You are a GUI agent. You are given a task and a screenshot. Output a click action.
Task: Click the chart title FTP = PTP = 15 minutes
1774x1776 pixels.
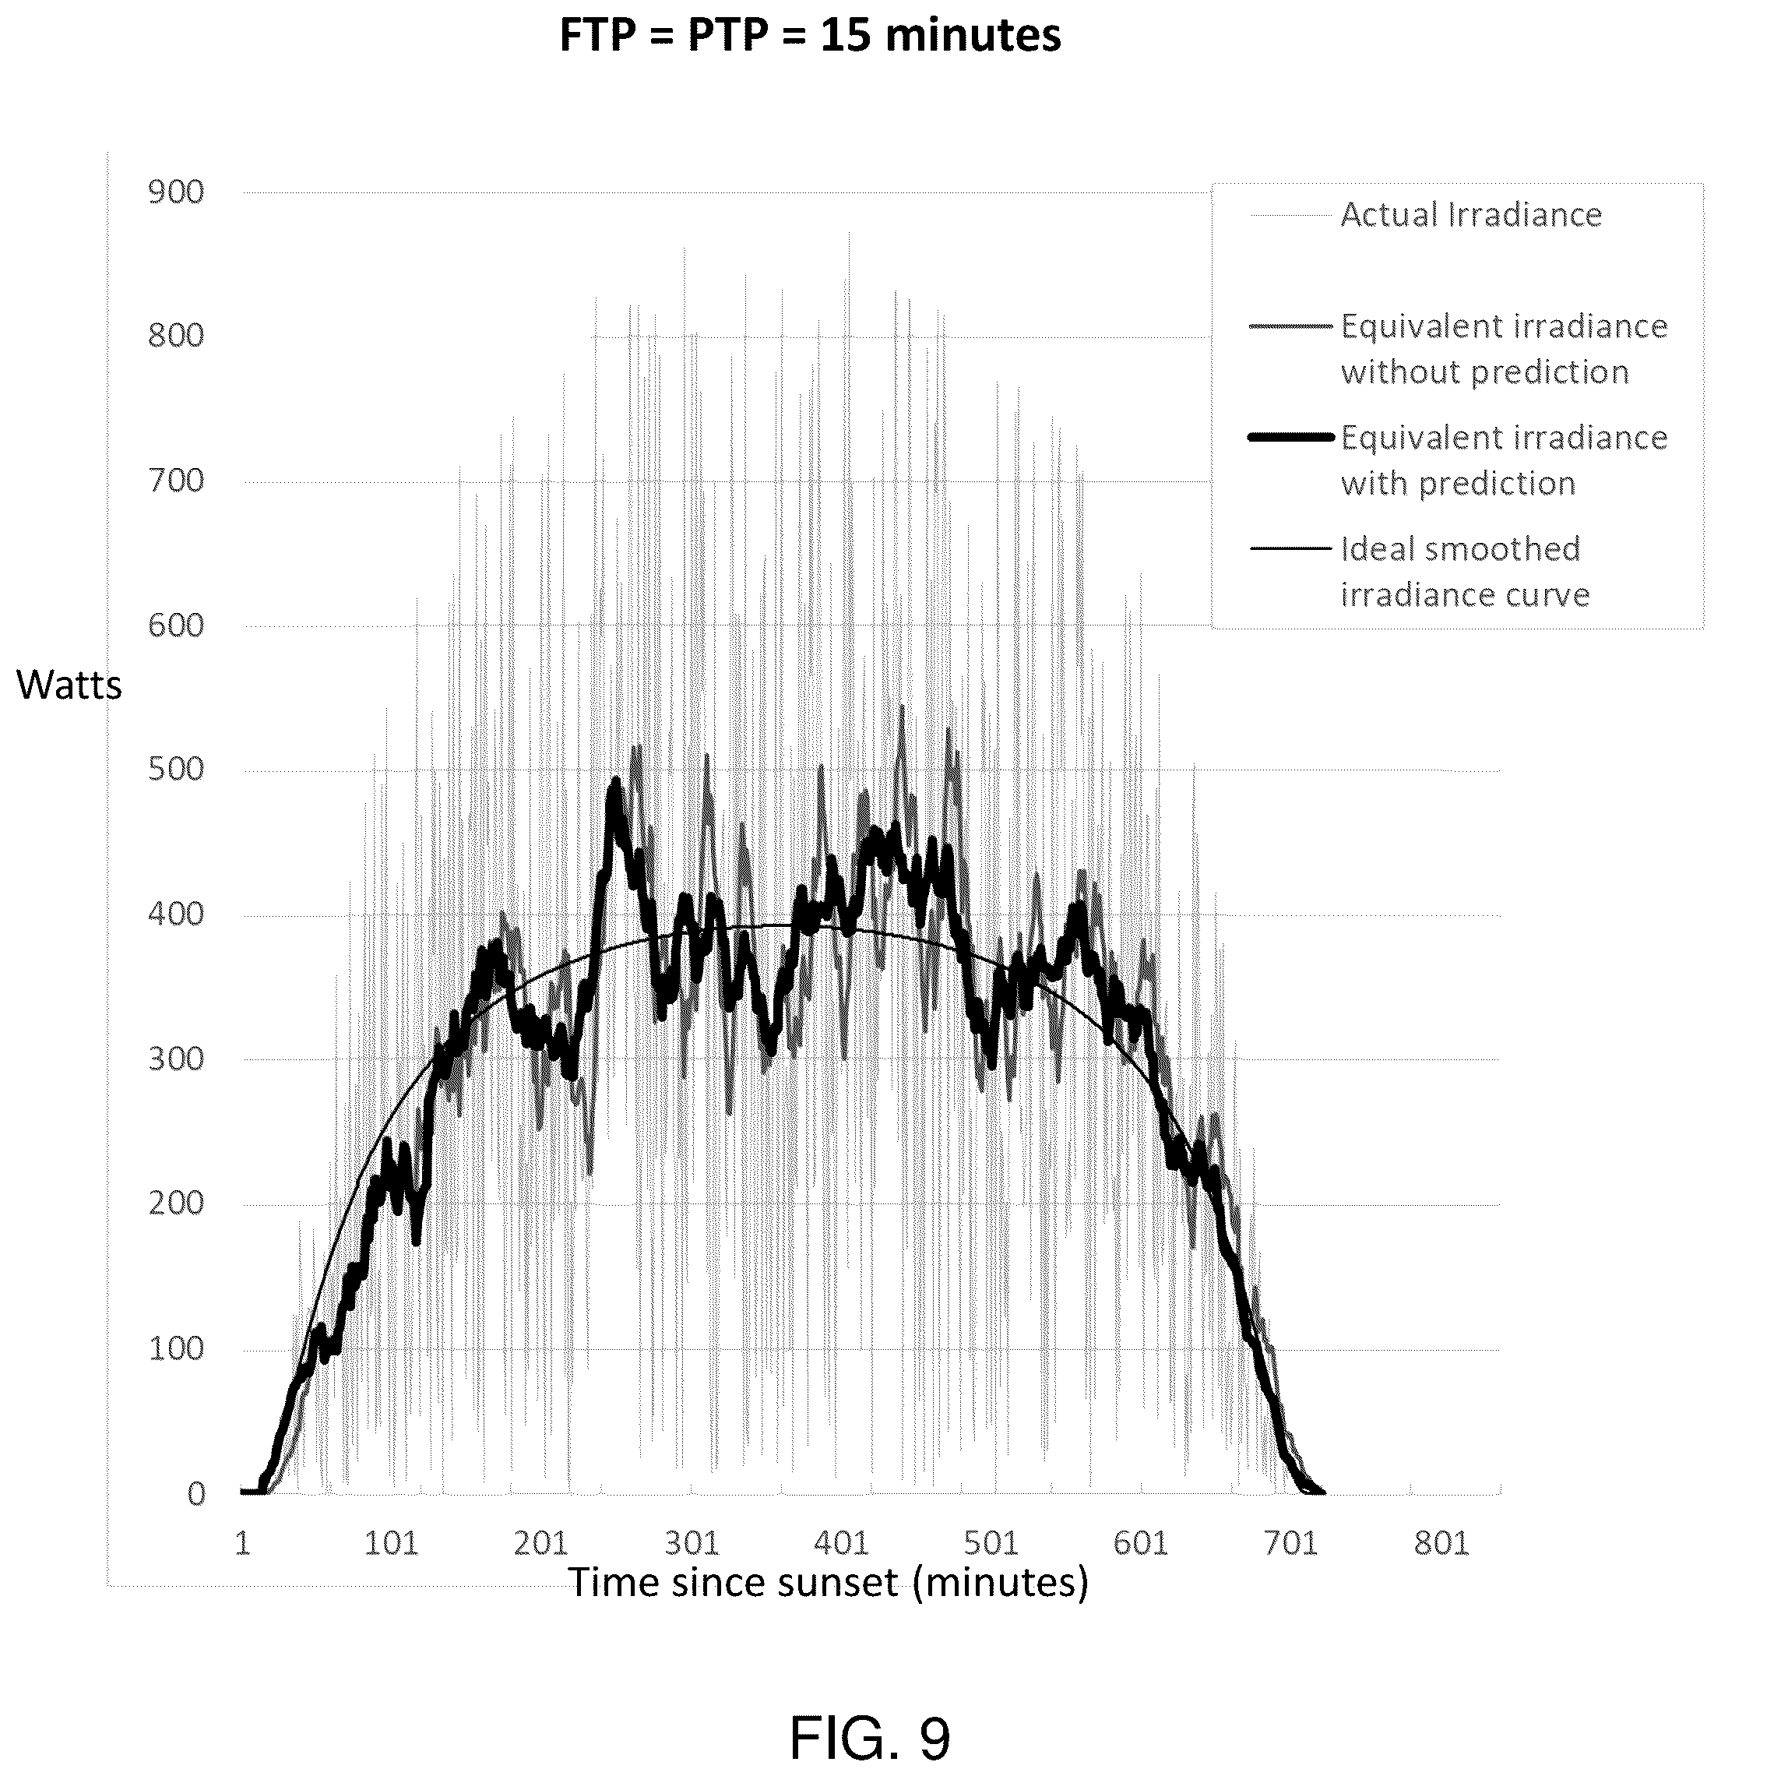tap(810, 37)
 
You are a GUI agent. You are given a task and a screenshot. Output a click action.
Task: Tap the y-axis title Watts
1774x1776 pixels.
tap(69, 685)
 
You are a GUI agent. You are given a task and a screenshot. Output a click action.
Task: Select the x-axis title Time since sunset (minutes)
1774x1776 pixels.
tap(828, 1582)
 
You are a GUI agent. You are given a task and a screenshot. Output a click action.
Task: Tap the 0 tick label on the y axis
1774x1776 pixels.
tap(195, 1494)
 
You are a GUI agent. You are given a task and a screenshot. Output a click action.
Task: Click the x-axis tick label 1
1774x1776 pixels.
tap(243, 1543)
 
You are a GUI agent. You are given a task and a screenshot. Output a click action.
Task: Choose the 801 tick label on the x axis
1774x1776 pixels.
tap(1441, 1543)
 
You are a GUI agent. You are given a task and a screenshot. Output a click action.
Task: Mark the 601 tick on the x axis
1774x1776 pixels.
tap(1140, 1543)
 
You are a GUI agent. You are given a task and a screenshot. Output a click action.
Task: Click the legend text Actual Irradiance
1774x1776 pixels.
tap(1470, 215)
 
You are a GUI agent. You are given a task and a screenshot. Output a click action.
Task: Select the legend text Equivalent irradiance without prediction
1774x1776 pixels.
tap(1504, 349)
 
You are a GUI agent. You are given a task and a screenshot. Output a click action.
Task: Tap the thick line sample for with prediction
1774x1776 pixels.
tap(1290, 438)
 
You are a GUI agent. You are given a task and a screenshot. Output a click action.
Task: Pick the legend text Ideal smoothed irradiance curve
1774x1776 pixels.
tap(1465, 572)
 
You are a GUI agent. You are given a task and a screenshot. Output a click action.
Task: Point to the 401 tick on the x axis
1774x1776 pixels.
tap(840, 1543)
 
